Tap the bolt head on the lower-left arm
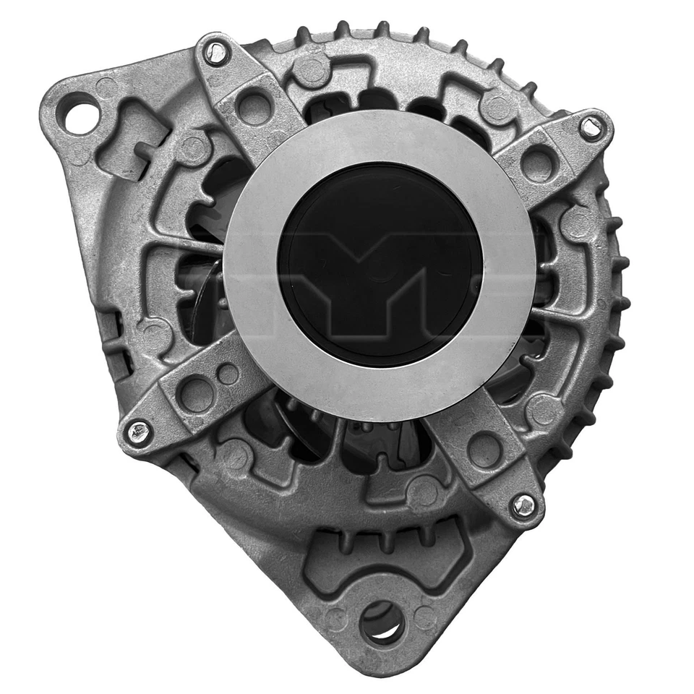137,432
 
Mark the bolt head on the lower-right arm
523,505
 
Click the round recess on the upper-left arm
254,108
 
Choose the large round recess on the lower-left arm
196,394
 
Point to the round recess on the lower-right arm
484,450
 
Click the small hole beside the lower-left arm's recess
228,374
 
